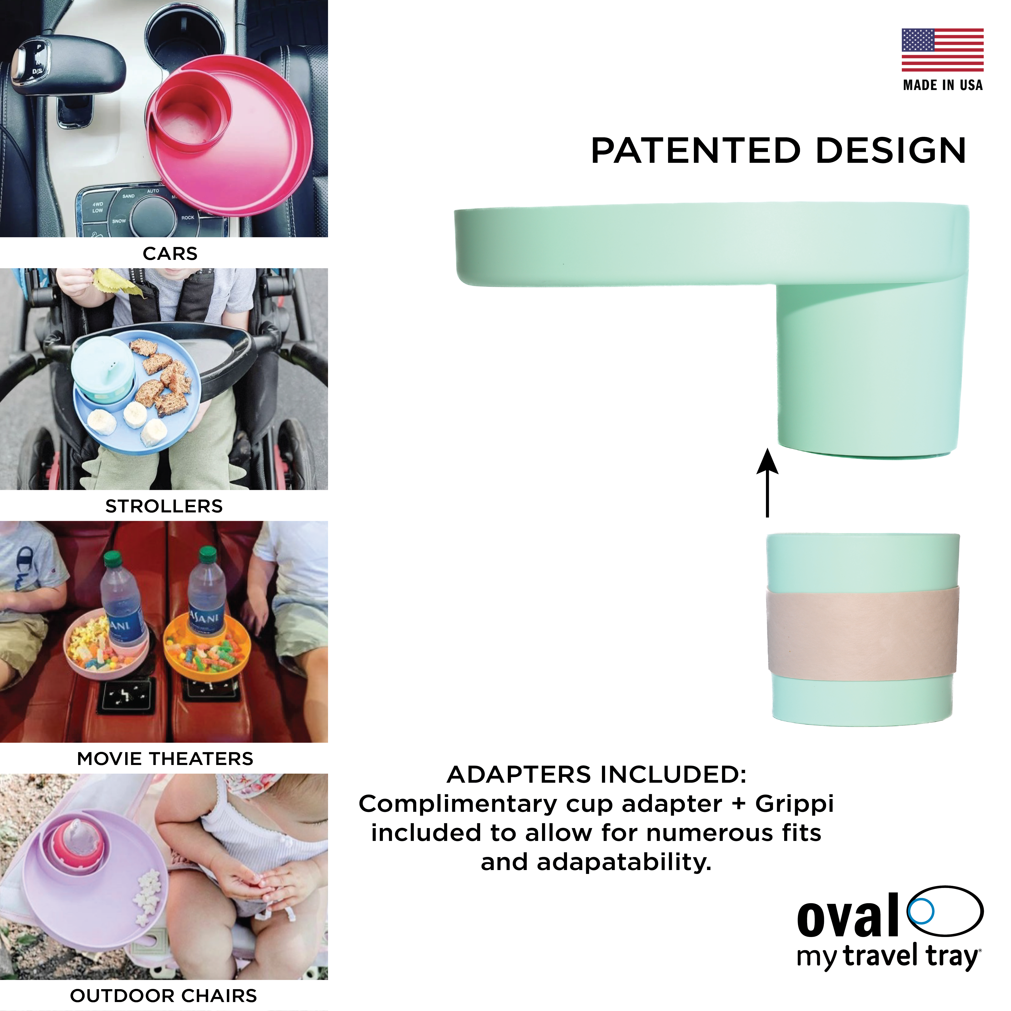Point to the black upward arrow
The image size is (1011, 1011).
[767, 483]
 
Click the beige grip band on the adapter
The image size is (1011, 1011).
[862, 634]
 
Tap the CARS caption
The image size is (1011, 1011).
[170, 254]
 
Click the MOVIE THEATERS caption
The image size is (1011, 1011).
[165, 758]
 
